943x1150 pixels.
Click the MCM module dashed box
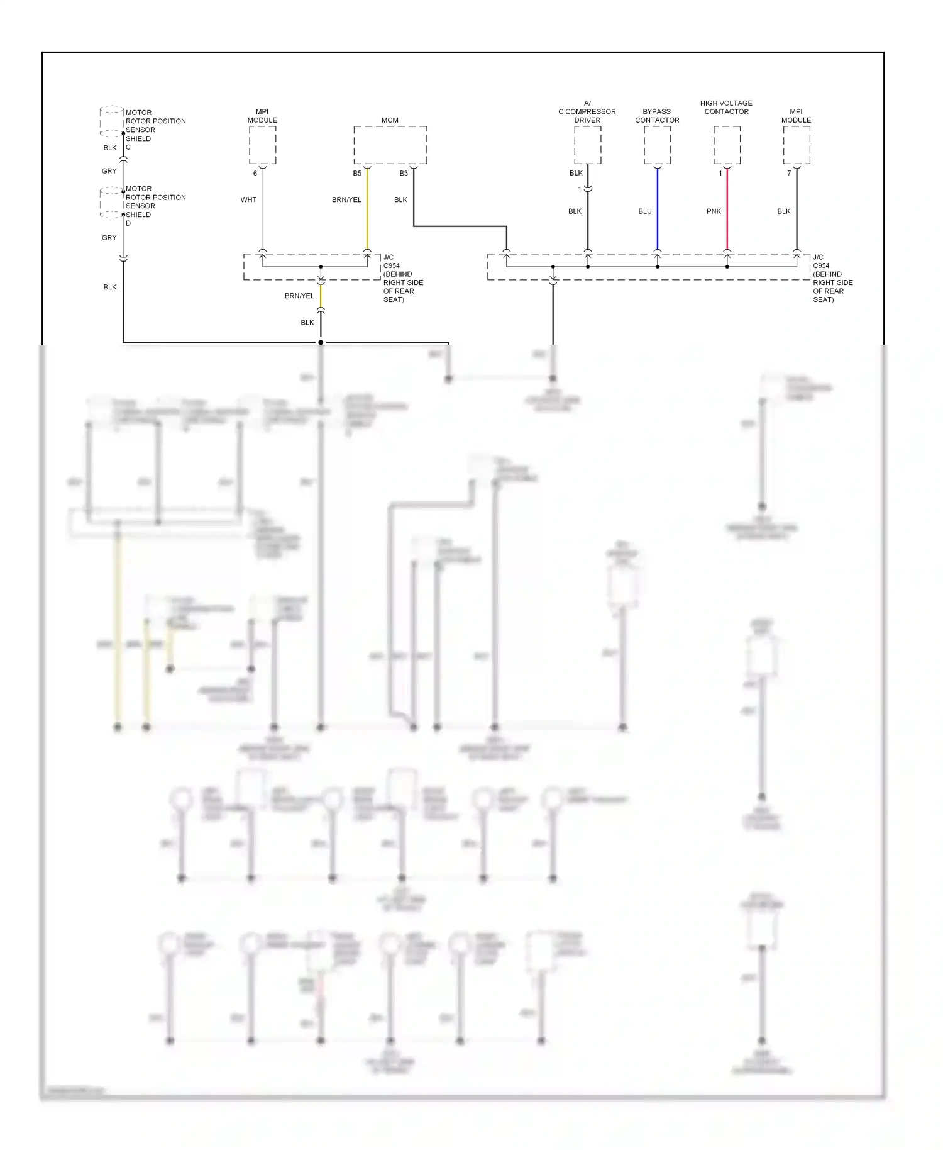point(390,145)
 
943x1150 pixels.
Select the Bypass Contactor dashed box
point(657,145)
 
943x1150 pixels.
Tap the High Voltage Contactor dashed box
point(727,145)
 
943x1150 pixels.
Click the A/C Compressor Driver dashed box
point(587,145)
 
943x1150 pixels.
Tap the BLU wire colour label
point(645,211)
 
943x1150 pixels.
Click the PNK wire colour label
point(714,211)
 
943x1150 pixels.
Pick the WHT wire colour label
point(248,200)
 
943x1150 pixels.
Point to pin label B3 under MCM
point(404,174)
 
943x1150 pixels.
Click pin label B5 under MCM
point(357,174)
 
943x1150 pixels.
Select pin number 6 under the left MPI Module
point(255,174)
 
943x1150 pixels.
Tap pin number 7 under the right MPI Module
point(789,174)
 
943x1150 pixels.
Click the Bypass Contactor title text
point(657,116)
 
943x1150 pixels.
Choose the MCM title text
point(390,120)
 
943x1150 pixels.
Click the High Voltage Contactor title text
point(726,108)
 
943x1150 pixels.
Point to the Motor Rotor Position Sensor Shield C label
point(155,130)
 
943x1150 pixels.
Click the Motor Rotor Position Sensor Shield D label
point(155,206)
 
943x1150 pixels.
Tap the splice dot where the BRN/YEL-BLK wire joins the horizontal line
point(321,342)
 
